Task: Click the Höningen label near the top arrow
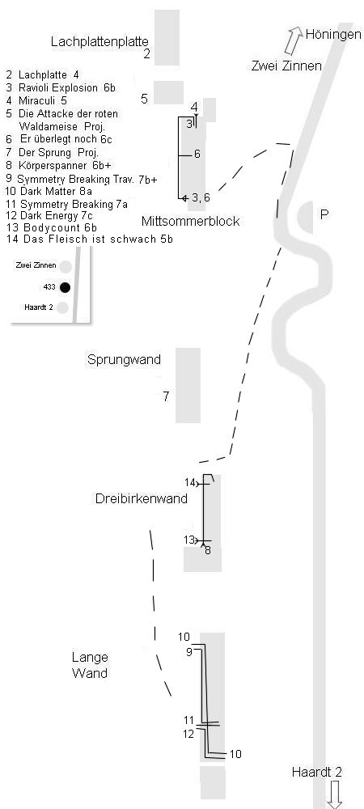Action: tap(333, 35)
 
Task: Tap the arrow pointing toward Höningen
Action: tap(293, 40)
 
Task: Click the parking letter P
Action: tap(324, 214)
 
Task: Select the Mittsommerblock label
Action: tap(190, 222)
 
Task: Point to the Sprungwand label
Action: tap(125, 360)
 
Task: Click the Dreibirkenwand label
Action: tap(142, 499)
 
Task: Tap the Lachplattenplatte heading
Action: tap(99, 42)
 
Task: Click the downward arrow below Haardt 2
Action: tap(335, 794)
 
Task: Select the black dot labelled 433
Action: tap(65, 287)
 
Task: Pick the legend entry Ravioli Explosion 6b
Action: tap(61, 87)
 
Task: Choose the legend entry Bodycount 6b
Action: tap(52, 227)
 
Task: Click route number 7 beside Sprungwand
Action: tap(166, 396)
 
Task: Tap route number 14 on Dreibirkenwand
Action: tap(190, 483)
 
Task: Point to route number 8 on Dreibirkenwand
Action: tap(208, 550)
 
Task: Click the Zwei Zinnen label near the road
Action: tap(286, 66)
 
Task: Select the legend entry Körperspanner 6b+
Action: tap(58, 165)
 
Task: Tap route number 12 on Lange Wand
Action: tap(188, 733)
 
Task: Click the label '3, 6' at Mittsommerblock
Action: tap(201, 197)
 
